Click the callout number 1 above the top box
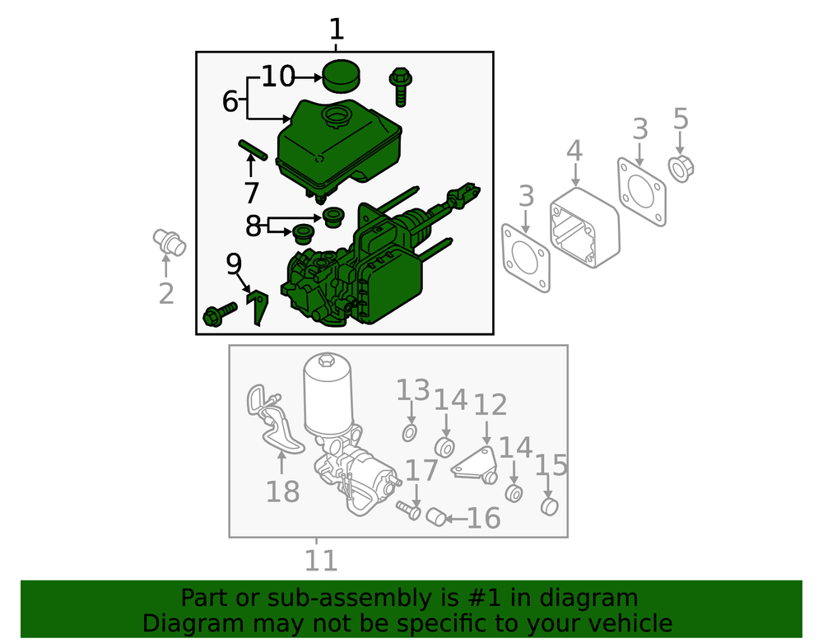tap(337, 30)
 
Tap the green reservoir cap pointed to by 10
tap(341, 76)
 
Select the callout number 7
tap(251, 193)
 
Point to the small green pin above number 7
tap(253, 150)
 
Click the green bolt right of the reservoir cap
tap(401, 86)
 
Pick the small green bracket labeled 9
tap(258, 308)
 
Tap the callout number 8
tap(253, 226)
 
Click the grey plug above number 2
tap(170, 244)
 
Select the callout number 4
tap(574, 151)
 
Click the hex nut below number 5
tap(681, 169)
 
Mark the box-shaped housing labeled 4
tap(584, 228)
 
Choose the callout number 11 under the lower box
tap(321, 561)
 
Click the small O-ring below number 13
tap(410, 433)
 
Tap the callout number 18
tap(283, 492)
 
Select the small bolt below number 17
tap(408, 509)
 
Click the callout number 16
tap(483, 519)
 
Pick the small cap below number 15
tap(549, 506)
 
